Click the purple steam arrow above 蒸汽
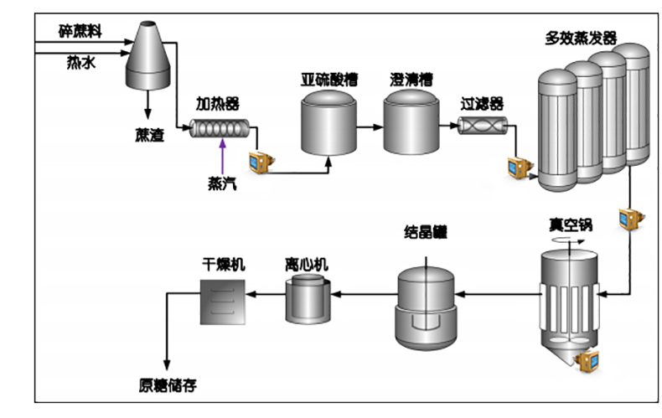point(222,155)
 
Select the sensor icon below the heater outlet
point(260,160)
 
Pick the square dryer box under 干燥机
point(223,300)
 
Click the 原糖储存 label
point(168,386)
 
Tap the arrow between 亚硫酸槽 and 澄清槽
point(370,127)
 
